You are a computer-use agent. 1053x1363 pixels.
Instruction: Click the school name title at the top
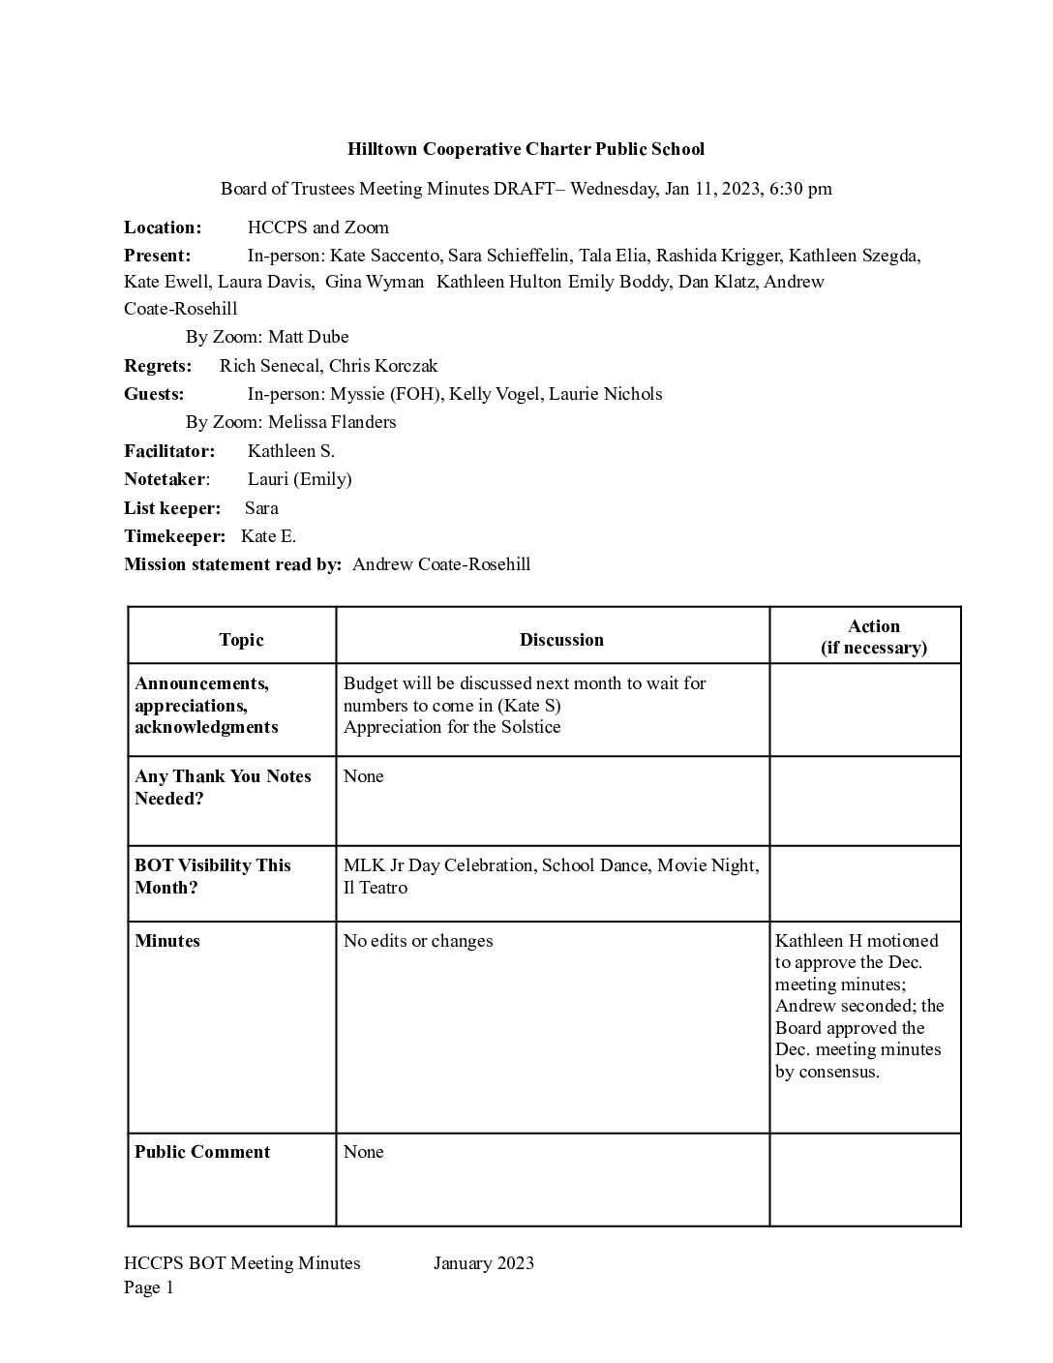[526, 149]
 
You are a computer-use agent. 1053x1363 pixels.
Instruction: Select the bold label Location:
[163, 227]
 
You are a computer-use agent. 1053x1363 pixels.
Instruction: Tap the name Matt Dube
[308, 337]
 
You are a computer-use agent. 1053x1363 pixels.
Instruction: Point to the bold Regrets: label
[158, 366]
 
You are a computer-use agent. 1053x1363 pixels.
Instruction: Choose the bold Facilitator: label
[169, 451]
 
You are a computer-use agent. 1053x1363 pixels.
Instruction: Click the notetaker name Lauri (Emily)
[299, 479]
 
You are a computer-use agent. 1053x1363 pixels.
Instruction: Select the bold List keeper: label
[172, 508]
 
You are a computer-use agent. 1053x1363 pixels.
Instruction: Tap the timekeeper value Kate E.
[268, 536]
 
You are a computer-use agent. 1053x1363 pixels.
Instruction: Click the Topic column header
[241, 640]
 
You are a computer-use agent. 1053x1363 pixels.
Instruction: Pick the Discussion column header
[561, 640]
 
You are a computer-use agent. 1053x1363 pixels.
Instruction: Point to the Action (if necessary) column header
[873, 637]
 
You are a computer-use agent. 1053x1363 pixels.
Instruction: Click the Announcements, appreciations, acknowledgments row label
[206, 706]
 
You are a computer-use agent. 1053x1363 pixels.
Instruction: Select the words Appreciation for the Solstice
[452, 727]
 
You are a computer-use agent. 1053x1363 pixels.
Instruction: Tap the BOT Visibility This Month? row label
[212, 876]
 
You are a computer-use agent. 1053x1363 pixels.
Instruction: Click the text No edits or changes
[418, 941]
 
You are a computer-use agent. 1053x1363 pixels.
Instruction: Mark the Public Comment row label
[202, 1152]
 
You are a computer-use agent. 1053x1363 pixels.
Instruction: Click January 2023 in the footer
[484, 1263]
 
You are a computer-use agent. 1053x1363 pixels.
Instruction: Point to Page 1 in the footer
[149, 1287]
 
